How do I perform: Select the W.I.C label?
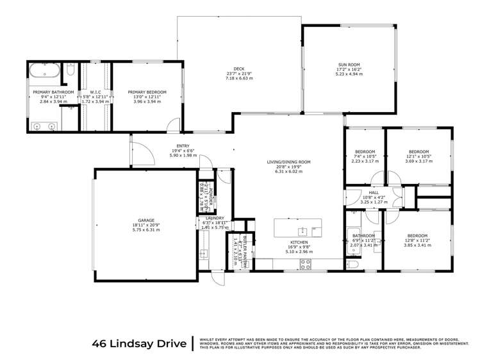point(91,93)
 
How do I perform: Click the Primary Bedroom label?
point(147,92)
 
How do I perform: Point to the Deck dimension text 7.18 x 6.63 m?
point(239,78)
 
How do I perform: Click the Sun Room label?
point(346,65)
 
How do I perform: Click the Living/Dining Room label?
point(288,162)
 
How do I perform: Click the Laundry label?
point(206,218)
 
